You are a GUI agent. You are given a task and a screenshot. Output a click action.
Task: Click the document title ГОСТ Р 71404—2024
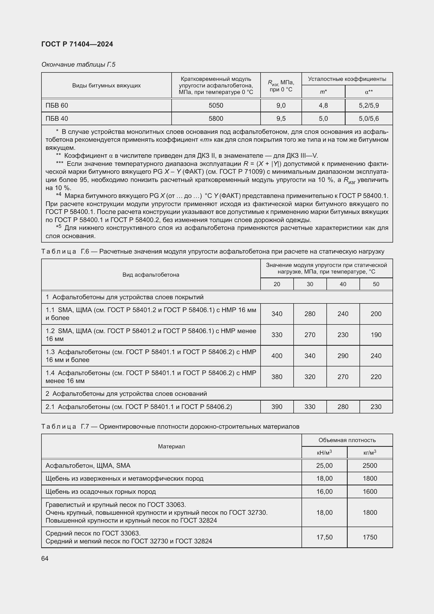(77, 44)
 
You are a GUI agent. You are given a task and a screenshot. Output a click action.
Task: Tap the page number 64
(45, 558)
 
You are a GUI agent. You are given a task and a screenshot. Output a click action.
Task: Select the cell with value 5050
(216, 105)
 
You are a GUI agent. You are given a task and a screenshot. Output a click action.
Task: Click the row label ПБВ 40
(57, 118)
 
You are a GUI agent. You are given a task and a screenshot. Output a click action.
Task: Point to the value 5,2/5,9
(368, 105)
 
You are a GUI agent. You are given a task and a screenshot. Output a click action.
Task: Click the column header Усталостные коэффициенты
(347, 79)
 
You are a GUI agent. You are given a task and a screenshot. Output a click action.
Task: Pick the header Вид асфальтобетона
(151, 275)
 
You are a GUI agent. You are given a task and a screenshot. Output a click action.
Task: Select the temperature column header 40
(343, 284)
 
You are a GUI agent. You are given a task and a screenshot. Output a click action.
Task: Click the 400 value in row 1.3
(277, 356)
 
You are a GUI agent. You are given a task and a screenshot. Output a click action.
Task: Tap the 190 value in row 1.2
(376, 335)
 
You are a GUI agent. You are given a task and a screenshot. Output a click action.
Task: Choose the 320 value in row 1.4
(310, 377)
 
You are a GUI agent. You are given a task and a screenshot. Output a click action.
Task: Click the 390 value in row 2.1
(277, 407)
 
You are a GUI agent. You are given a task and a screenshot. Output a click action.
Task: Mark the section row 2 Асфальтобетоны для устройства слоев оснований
(126, 394)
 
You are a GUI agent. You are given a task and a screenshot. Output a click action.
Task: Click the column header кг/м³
(370, 453)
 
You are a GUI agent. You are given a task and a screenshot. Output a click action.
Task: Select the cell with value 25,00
(324, 466)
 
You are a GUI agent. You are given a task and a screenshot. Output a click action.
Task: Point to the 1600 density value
(370, 491)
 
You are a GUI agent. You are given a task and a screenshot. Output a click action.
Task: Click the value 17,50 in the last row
(324, 537)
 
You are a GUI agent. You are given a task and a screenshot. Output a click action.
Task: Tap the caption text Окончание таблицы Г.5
(78, 65)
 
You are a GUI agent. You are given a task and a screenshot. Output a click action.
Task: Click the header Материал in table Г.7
(171, 446)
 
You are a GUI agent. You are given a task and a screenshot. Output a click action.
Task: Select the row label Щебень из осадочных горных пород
(100, 491)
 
